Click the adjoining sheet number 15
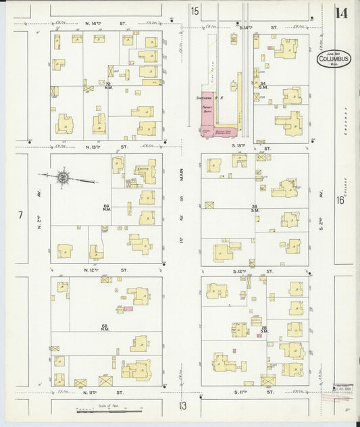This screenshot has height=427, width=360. click(195, 10)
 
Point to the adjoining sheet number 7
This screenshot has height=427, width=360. click(21, 216)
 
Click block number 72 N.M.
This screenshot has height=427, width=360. click(107, 86)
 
